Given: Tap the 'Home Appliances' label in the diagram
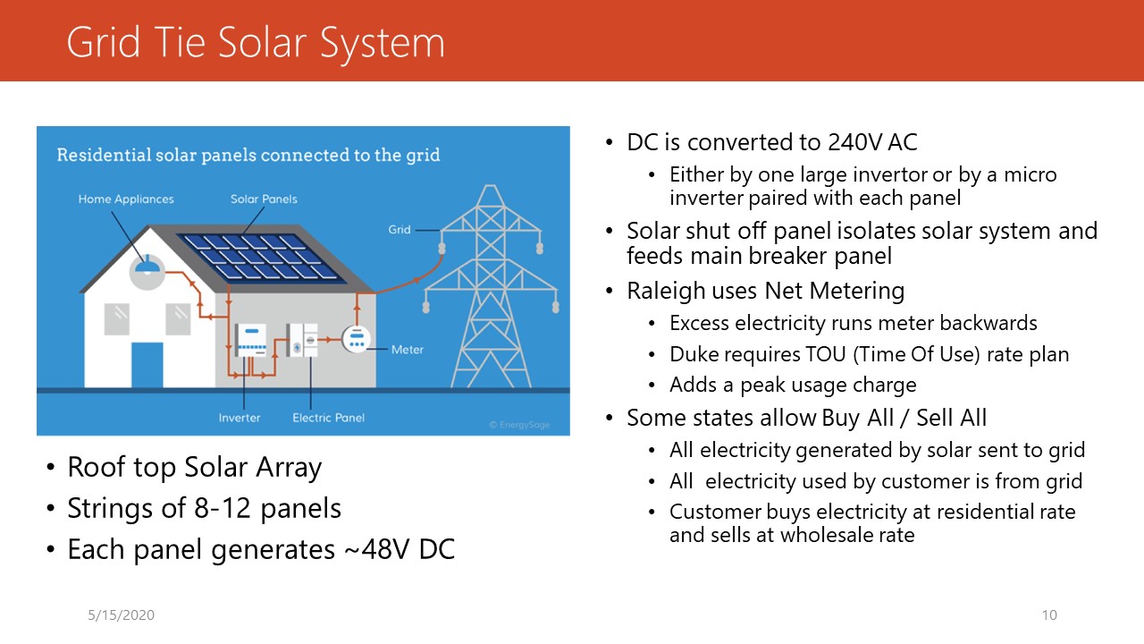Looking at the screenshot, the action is point(126,199).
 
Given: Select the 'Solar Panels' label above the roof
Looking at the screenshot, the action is point(264,199).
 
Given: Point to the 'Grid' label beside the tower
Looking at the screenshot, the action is point(399,230).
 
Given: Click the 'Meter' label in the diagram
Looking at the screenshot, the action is point(407,350).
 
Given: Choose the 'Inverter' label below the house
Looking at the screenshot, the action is point(240,418).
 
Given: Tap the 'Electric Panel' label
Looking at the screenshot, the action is point(328,418).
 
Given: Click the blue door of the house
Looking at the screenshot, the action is point(147,365).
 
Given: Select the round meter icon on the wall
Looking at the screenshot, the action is point(357,339).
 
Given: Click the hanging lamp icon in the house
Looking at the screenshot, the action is point(147,266).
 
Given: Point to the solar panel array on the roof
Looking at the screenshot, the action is point(259,258).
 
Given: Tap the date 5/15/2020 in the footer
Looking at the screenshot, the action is point(121,614).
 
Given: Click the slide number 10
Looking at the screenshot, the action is point(1049,614).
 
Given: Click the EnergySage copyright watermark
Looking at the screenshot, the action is point(519,425).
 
